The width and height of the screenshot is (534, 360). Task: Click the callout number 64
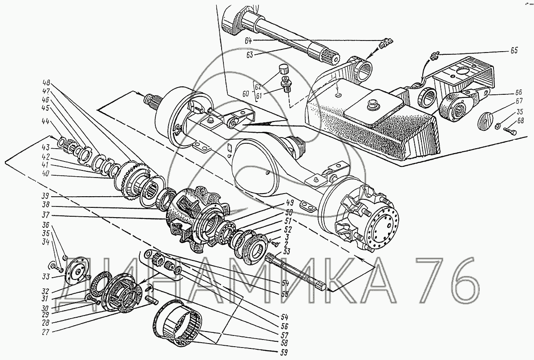[248, 41]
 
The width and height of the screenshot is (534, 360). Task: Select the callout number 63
[249, 55]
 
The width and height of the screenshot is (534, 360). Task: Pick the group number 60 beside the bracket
[246, 93]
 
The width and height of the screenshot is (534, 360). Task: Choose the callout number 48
[46, 83]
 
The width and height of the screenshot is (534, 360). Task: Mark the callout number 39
[44, 196]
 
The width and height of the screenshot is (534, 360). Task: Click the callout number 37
[45, 215]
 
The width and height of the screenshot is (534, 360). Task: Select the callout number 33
[45, 277]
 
